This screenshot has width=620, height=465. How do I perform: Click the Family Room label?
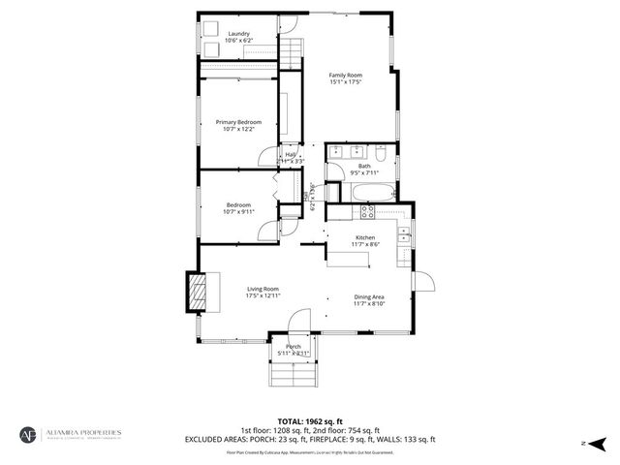pyautogui.click(x=345, y=75)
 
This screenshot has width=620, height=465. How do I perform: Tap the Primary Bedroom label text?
pyautogui.click(x=239, y=121)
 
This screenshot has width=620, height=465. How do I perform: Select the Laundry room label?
pyautogui.click(x=239, y=34)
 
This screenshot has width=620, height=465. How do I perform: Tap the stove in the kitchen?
pyautogui.click(x=366, y=209)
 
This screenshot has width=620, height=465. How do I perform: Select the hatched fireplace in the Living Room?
pyautogui.click(x=197, y=293)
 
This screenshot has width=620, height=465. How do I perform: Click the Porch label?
pyautogui.click(x=293, y=346)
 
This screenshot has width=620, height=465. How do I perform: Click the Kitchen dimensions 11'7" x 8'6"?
pyautogui.click(x=364, y=244)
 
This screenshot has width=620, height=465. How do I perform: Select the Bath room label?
pyautogui.click(x=364, y=166)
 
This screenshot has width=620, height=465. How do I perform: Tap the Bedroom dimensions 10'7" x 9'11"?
pyautogui.click(x=239, y=211)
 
